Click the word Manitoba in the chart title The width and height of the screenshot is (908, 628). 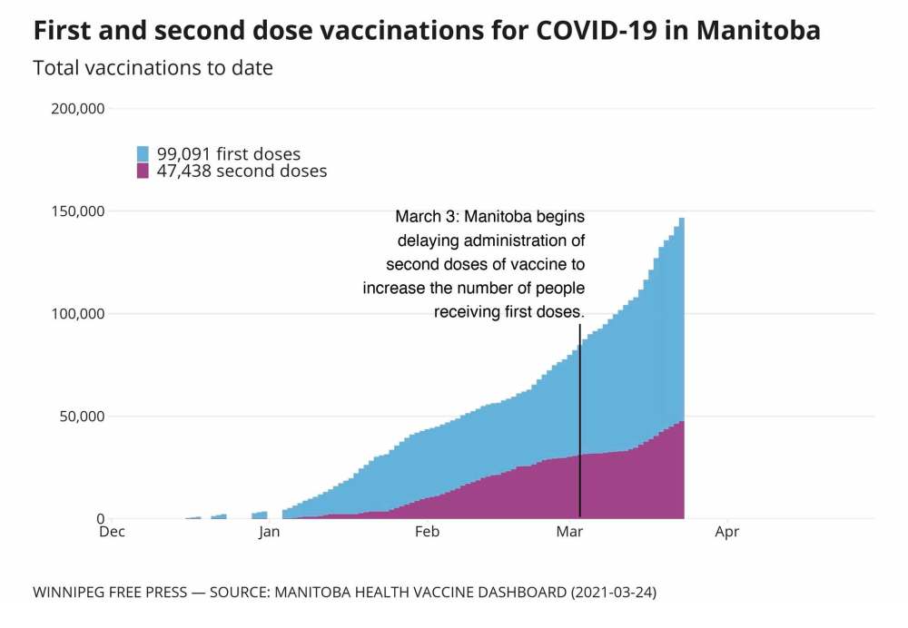tap(758, 30)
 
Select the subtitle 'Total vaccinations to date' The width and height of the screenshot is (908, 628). tap(153, 68)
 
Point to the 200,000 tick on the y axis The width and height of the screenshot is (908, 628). tap(81, 109)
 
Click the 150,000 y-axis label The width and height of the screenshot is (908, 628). tap(81, 211)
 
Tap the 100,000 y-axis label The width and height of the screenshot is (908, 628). tap(81, 314)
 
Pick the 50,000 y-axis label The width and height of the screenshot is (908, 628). tap(84, 417)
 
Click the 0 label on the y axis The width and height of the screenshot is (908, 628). tap(102, 519)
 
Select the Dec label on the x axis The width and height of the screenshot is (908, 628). tap(112, 533)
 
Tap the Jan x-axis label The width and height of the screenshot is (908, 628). tap(269, 533)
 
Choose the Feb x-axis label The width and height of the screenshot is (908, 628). tap(427, 533)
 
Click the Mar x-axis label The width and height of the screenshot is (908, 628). tap(569, 533)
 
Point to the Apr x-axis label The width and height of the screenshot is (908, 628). tap(726, 533)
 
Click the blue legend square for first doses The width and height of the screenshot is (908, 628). tap(143, 153)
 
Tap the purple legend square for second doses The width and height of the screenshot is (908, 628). tap(143, 171)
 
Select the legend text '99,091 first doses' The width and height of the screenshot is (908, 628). tap(229, 153)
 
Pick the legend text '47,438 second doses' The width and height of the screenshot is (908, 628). tap(242, 171)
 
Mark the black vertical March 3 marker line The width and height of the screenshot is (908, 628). tap(579, 427)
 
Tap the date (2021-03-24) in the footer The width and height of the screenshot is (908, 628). tap(612, 593)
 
